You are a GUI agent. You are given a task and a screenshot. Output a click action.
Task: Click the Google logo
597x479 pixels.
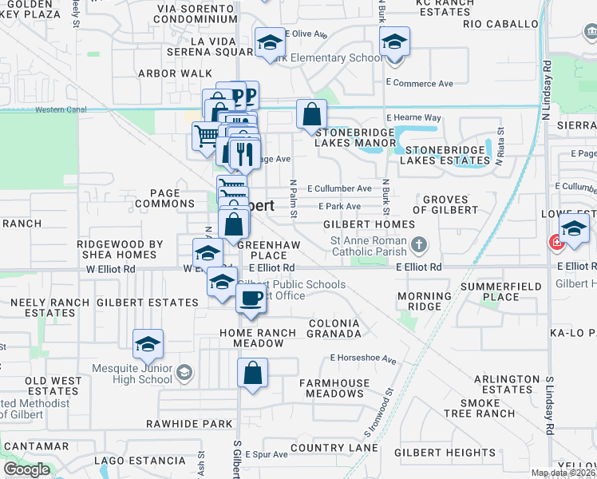tap(26, 469)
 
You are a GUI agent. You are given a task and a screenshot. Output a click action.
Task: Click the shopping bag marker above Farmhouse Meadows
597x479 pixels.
tap(252, 373)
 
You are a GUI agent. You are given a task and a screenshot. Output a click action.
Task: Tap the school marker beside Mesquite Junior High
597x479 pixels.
tap(148, 344)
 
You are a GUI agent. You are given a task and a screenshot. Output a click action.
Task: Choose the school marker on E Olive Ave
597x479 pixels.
tap(270, 42)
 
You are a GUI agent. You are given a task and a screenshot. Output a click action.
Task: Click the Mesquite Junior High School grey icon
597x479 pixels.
tap(184, 373)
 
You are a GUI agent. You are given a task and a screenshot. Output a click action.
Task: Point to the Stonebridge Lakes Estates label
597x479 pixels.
tap(445, 155)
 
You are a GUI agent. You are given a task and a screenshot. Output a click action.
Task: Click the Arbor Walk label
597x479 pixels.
tap(175, 73)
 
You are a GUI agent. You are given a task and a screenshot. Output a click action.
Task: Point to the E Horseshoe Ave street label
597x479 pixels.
tap(363, 359)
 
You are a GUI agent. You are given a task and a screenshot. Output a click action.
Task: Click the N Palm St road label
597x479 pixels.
tap(294, 198)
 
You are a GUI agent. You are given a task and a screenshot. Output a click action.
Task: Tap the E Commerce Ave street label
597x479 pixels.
tap(419, 83)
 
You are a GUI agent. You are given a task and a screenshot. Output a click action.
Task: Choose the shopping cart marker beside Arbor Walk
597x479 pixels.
tap(206, 137)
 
